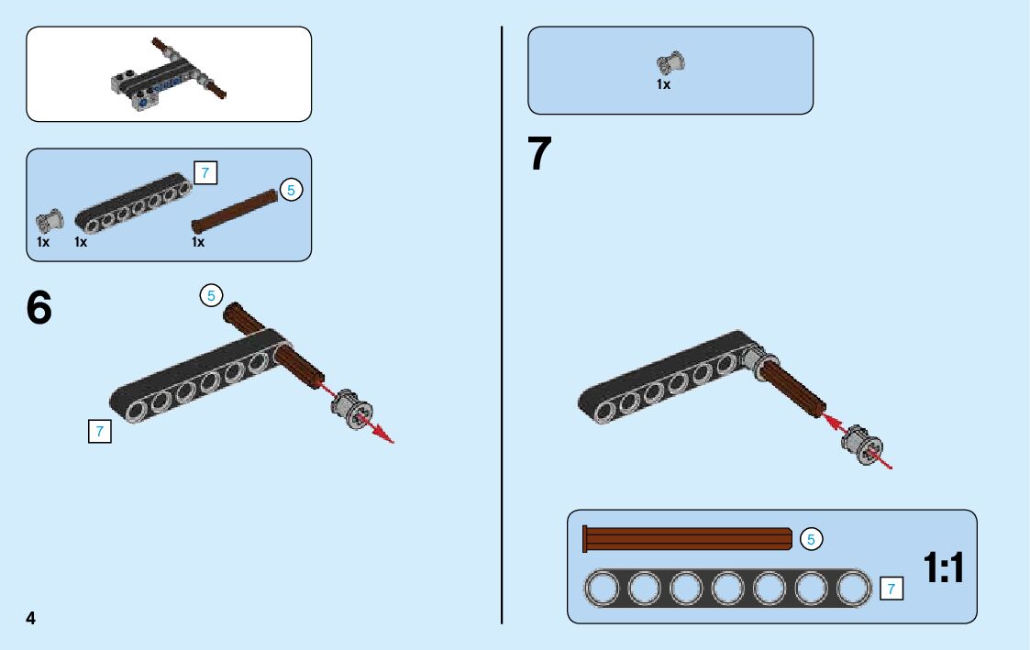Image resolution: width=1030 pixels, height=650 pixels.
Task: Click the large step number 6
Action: [39, 309]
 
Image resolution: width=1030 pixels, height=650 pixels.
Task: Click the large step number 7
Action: [540, 155]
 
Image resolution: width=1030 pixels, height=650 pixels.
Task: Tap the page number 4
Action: [31, 618]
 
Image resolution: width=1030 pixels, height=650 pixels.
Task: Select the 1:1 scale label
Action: [944, 569]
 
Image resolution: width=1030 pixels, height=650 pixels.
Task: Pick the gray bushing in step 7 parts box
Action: [670, 63]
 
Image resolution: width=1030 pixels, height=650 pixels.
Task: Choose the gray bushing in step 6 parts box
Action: [49, 221]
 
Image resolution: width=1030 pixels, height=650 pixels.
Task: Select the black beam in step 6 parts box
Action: [134, 203]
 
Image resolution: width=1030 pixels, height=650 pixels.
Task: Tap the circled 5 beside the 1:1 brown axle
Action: [811, 539]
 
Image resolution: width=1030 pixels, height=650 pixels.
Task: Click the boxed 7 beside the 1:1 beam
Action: [890, 589]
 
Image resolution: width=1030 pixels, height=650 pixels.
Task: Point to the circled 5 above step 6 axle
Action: [211, 295]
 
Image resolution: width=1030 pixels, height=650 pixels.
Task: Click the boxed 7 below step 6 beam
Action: [99, 431]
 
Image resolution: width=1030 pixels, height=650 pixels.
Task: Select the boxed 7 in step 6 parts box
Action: [206, 172]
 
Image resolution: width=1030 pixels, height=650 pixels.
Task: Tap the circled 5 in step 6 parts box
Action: [291, 191]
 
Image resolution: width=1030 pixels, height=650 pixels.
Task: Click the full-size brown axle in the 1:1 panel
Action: [688, 539]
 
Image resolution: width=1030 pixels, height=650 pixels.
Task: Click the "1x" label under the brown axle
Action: [198, 242]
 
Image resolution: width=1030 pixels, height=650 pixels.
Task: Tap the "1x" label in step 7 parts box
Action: [663, 84]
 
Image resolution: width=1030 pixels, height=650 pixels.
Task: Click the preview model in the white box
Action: [167, 74]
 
